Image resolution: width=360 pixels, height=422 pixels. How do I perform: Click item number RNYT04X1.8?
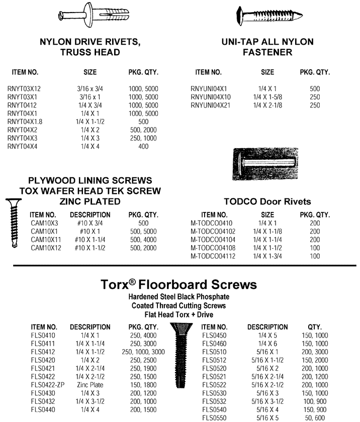[x=25, y=122]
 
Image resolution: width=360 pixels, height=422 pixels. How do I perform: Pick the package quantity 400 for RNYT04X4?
[x=143, y=146]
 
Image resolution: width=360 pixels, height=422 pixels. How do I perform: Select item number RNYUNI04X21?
[x=210, y=105]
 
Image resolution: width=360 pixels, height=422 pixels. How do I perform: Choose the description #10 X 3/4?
[x=87, y=224]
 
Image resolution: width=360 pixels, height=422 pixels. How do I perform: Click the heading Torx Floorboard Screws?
[x=180, y=285]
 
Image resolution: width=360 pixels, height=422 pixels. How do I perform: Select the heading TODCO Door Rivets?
[x=267, y=201]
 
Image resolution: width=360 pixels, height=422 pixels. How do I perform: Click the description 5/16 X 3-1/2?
[x=267, y=401]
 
